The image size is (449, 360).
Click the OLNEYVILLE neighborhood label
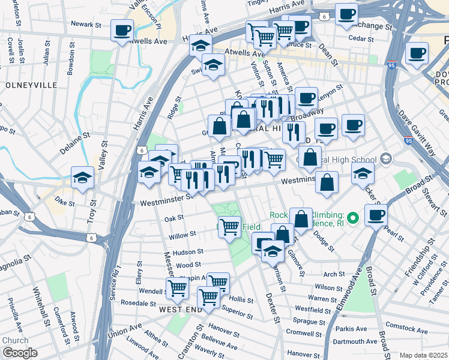click(27, 86)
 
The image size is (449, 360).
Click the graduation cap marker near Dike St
click(83, 177)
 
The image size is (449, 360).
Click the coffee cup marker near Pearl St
click(376, 214)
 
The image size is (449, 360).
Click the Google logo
click(19, 353)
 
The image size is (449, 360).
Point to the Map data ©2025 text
click(424, 355)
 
